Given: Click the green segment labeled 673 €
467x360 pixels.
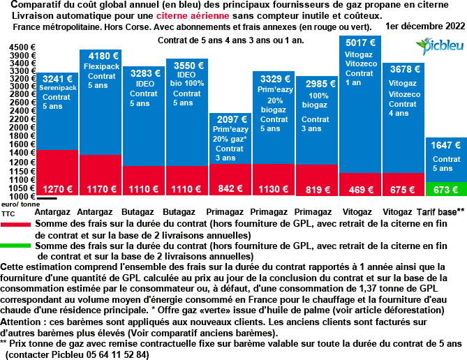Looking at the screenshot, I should click(445, 189).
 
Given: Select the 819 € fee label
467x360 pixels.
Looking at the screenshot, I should click(317, 189).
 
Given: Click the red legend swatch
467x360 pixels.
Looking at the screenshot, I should click(15, 225).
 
